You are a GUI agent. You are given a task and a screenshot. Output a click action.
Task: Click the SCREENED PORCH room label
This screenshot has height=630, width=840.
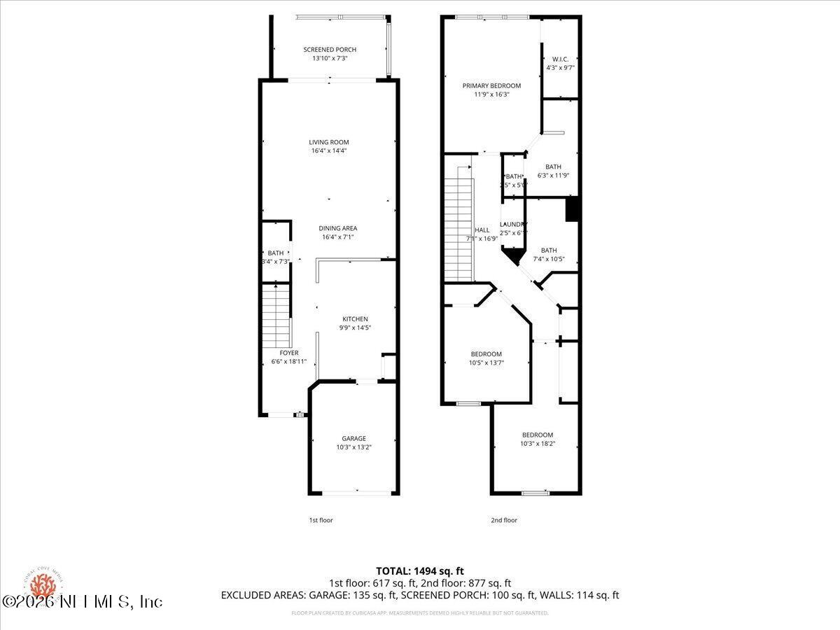(x=330, y=50)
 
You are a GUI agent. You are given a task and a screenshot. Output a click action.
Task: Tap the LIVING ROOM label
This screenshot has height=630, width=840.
(x=329, y=142)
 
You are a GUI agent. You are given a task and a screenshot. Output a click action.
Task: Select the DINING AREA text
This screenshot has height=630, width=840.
(x=338, y=228)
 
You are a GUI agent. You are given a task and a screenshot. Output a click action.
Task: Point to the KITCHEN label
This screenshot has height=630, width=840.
(x=355, y=319)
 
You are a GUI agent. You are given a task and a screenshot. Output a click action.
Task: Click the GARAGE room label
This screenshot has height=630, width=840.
(x=353, y=438)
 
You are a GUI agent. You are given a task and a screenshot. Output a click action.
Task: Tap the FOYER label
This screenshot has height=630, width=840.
(x=289, y=353)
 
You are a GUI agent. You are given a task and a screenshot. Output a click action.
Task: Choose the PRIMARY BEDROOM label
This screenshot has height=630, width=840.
(x=491, y=85)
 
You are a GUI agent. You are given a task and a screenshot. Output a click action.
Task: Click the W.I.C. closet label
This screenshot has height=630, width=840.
(x=560, y=59)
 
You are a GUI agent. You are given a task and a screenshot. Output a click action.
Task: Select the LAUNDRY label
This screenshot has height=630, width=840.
(x=512, y=224)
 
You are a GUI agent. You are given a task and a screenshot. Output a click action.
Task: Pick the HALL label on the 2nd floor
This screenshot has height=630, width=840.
(x=482, y=230)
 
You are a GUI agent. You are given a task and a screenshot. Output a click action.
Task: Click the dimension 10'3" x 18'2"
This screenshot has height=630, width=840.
(x=538, y=443)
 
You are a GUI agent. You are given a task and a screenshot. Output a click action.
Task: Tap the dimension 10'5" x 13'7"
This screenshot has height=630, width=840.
(x=486, y=363)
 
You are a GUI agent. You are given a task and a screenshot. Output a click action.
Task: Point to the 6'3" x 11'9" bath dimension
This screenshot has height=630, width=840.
(x=554, y=175)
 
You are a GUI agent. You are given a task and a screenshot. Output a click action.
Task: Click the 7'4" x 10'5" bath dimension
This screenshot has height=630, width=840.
(x=549, y=259)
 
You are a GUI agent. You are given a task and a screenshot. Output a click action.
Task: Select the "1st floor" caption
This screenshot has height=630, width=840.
(x=321, y=520)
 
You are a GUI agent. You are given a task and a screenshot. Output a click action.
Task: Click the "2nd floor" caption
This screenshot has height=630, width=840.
(x=504, y=520)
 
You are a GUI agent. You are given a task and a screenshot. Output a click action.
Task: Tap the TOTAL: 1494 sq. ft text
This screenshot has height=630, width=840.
(x=420, y=570)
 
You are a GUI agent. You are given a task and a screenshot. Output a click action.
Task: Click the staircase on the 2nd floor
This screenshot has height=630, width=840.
(x=459, y=224)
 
